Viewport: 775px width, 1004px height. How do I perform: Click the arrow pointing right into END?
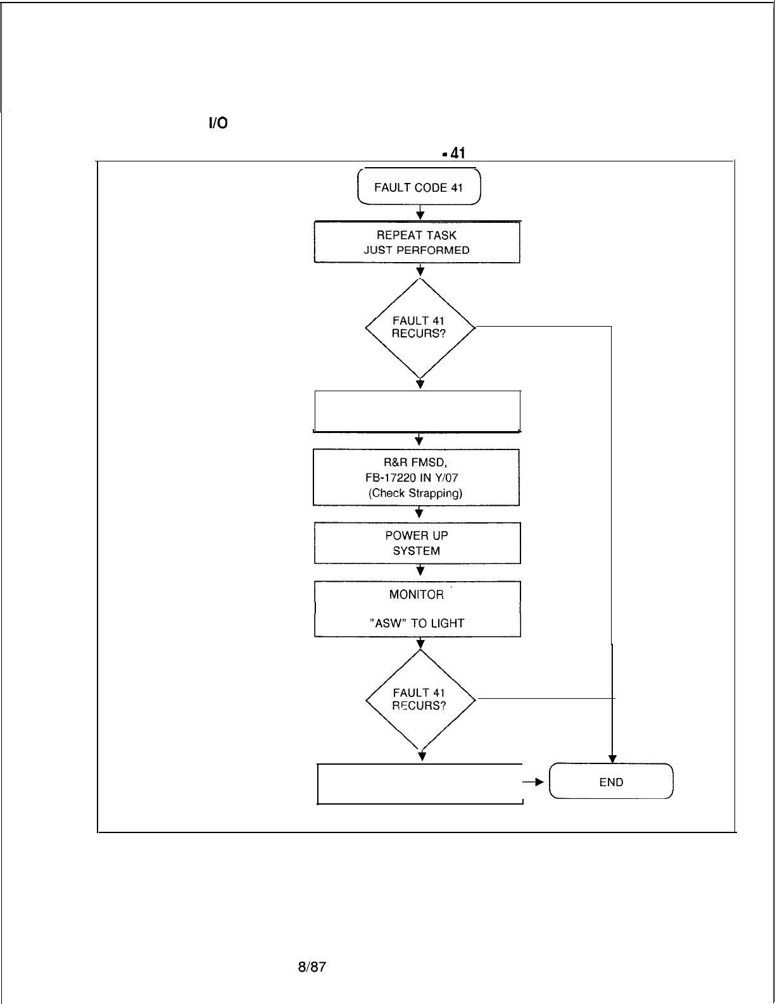(533, 782)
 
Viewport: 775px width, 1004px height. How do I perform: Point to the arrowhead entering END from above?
(612, 759)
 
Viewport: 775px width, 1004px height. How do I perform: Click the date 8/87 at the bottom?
(312, 967)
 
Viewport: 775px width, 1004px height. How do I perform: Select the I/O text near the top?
(218, 123)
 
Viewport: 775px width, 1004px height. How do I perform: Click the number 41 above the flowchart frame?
(457, 153)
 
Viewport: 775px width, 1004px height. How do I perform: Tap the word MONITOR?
(417, 594)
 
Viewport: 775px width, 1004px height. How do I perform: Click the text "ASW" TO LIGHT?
(417, 624)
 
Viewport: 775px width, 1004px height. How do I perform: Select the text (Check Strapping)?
(415, 493)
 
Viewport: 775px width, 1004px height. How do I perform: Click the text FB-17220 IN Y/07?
(412, 478)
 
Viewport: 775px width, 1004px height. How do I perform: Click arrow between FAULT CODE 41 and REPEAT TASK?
(420, 213)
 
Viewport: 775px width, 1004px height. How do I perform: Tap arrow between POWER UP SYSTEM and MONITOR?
(420, 570)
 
